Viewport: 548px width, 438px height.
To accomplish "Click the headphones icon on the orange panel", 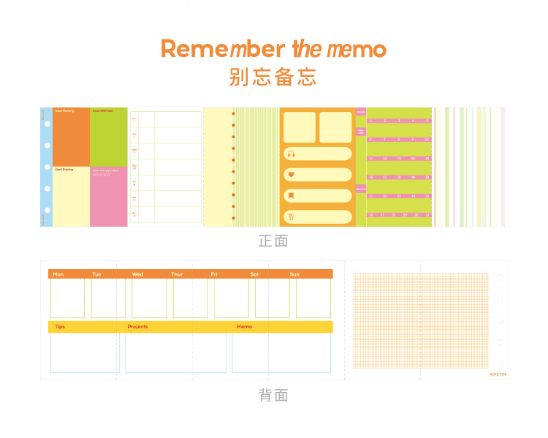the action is pyautogui.click(x=291, y=154).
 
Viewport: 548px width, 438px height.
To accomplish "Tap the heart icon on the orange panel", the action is pyautogui.click(x=291, y=175).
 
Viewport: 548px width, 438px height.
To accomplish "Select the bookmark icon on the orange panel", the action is pyautogui.click(x=291, y=195).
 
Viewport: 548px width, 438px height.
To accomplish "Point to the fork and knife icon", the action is pyautogui.click(x=291, y=216).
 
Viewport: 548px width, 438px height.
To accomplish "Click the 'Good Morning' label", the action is pyautogui.click(x=64, y=111).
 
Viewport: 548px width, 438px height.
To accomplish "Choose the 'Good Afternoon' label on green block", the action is pyautogui.click(x=102, y=111).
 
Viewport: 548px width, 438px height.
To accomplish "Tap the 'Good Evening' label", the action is pyautogui.click(x=64, y=169).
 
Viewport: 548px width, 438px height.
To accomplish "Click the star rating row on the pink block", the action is pyautogui.click(x=101, y=175).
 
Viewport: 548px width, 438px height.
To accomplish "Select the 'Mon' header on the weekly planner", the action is pyautogui.click(x=58, y=274).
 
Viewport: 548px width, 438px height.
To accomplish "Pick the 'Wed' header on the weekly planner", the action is pyautogui.click(x=137, y=274).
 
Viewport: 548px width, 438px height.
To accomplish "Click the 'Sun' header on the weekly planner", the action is pyautogui.click(x=294, y=274).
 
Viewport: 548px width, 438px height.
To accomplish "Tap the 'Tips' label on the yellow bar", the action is pyautogui.click(x=60, y=327).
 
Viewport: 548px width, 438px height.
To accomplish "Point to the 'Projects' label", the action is pyautogui.click(x=137, y=327).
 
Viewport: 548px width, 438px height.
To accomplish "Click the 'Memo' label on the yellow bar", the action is pyautogui.click(x=244, y=327).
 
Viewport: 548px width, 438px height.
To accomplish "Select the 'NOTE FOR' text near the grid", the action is pyautogui.click(x=498, y=374).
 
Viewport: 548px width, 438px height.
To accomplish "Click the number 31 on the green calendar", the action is pyautogui.click(x=427, y=215).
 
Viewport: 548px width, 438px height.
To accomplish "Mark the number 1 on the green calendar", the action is pyautogui.click(x=371, y=121).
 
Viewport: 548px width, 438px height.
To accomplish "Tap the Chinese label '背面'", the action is pyautogui.click(x=273, y=396).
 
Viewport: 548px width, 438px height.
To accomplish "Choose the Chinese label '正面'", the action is pyautogui.click(x=273, y=241).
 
